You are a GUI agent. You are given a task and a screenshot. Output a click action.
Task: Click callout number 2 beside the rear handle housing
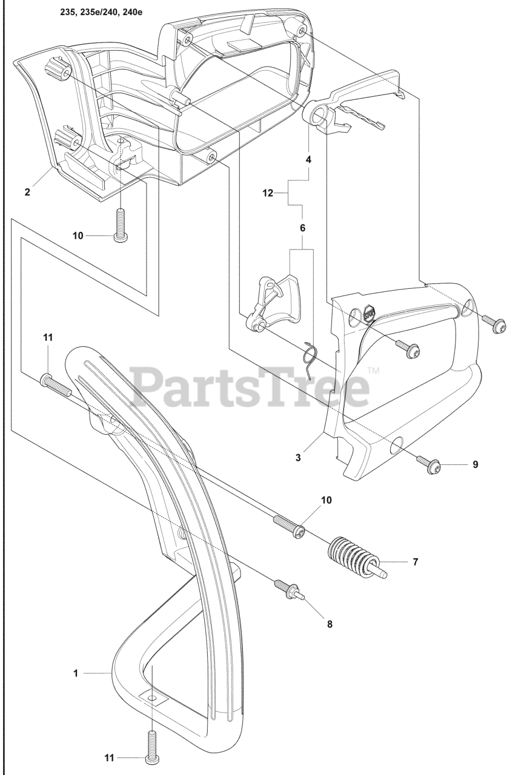point(27,192)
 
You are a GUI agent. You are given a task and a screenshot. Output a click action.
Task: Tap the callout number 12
point(268,193)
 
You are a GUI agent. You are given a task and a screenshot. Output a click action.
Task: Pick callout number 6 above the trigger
point(303,228)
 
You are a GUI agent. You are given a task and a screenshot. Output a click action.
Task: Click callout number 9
point(475,464)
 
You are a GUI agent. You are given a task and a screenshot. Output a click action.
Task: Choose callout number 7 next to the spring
point(415,561)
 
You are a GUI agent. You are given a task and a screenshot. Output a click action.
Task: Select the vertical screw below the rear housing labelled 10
point(120,225)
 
